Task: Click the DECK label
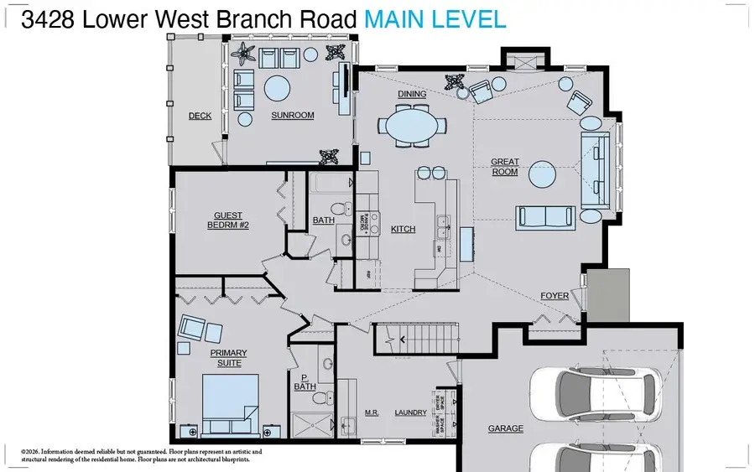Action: tap(200, 117)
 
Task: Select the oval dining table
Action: tap(411, 128)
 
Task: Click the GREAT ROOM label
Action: tap(504, 167)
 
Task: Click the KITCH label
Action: tap(403, 229)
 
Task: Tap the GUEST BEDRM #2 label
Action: tap(228, 220)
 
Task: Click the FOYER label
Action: tap(555, 296)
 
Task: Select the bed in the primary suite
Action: tap(226, 402)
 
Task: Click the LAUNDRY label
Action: tap(411, 412)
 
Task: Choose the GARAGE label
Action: tap(506, 428)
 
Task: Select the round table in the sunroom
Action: tap(277, 88)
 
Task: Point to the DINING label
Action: tap(412, 94)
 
